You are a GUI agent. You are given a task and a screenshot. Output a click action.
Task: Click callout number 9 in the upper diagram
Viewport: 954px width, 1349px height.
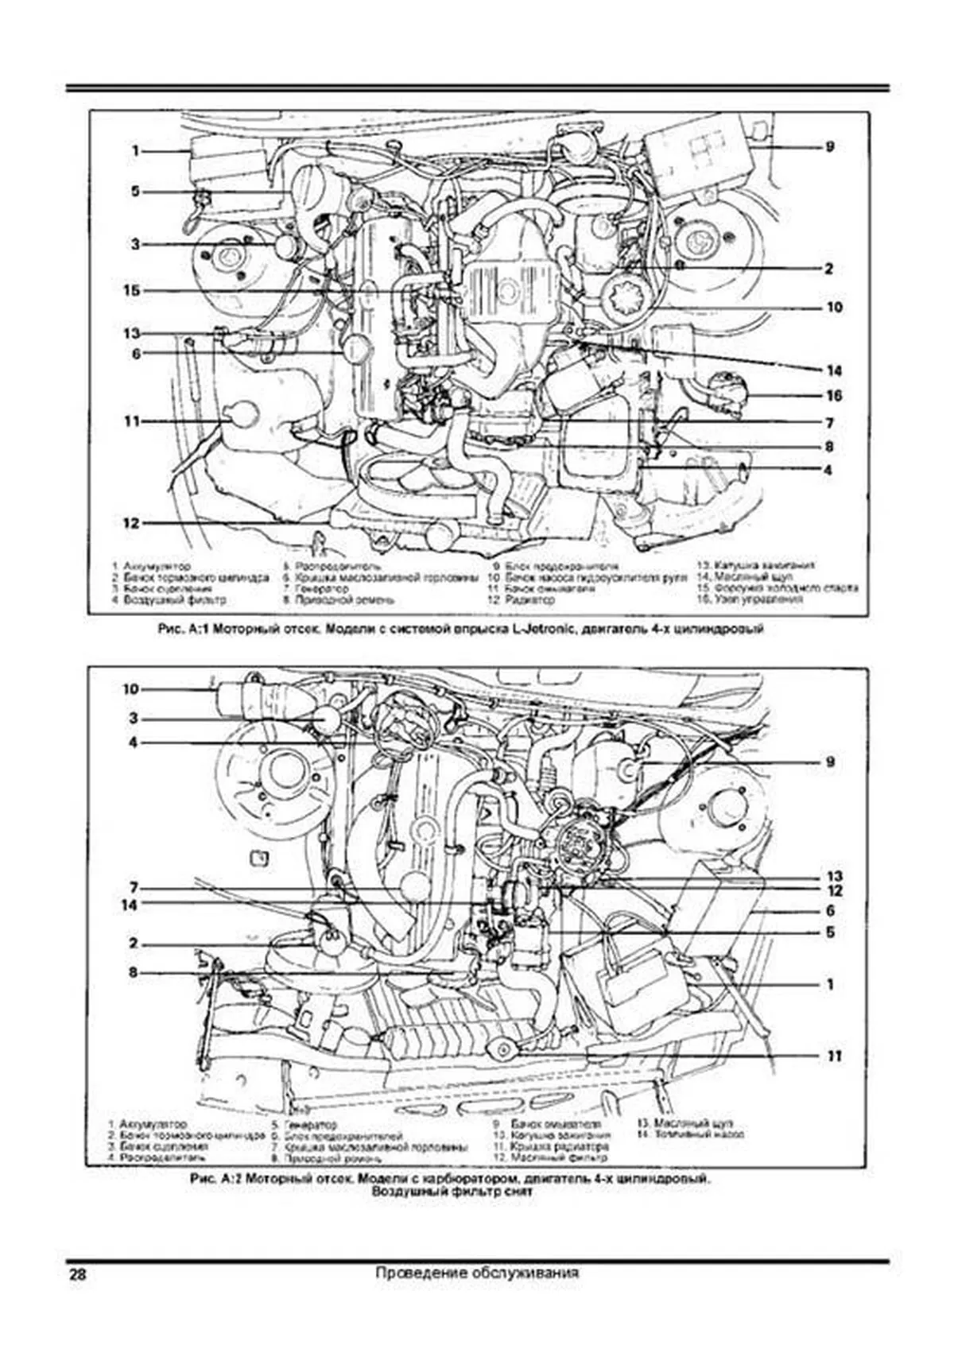pyautogui.click(x=829, y=146)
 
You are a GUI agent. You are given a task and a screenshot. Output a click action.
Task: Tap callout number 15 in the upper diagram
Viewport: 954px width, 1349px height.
pyautogui.click(x=130, y=291)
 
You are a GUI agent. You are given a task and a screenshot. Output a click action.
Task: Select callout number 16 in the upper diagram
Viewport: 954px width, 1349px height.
pyautogui.click(x=833, y=396)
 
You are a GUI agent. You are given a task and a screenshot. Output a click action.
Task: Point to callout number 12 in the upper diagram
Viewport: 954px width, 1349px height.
pyautogui.click(x=130, y=523)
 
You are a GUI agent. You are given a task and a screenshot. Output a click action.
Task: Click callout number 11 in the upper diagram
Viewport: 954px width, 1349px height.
pyautogui.click(x=130, y=421)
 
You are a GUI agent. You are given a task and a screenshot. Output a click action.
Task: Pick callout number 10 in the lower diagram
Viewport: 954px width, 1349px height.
pyautogui.click(x=130, y=688)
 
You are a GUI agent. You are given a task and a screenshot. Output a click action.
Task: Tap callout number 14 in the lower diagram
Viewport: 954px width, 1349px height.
pyautogui.click(x=129, y=905)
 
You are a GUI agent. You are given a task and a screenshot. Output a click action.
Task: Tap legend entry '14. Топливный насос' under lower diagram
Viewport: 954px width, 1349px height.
pyautogui.click(x=690, y=1135)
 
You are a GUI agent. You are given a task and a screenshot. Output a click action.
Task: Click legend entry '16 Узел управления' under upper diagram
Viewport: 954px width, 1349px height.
pyautogui.click(x=752, y=600)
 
